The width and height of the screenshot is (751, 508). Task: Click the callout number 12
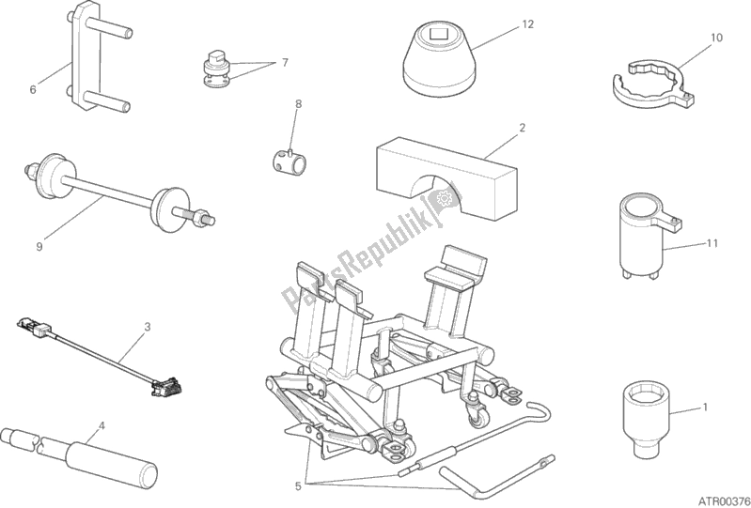(528, 23)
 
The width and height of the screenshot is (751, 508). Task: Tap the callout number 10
(716, 38)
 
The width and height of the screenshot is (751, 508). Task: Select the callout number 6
(33, 90)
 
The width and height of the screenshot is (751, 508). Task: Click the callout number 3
(148, 327)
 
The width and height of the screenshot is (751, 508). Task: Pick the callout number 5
(298, 486)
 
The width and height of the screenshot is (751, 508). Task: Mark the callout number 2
(522, 127)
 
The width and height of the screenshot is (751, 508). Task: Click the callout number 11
(712, 244)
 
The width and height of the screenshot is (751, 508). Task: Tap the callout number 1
(703, 408)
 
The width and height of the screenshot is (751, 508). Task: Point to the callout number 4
(102, 424)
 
